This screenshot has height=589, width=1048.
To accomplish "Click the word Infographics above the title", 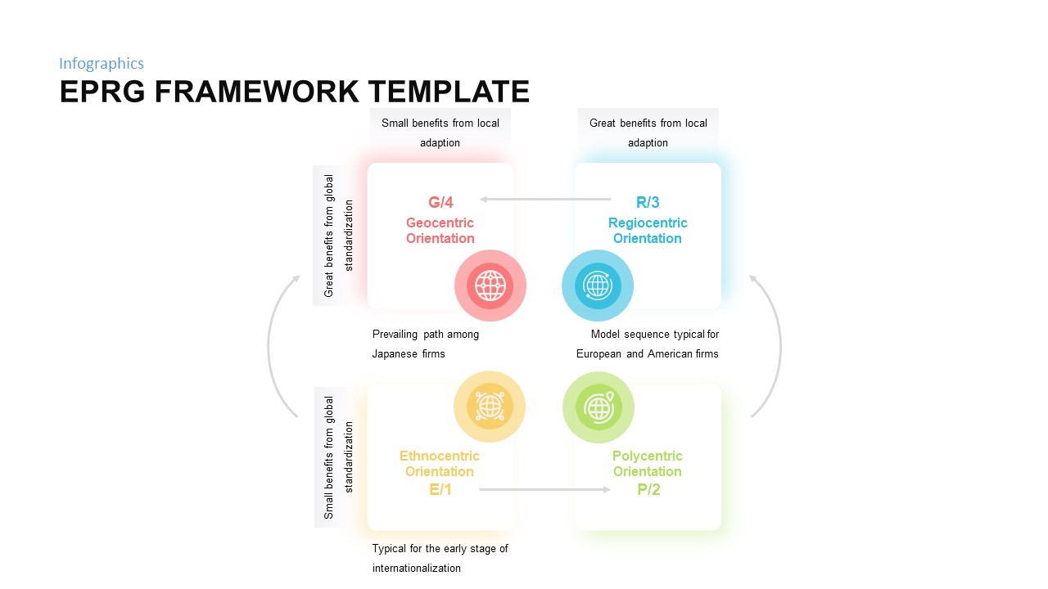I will point(102,64).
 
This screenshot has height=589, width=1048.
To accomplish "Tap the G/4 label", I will point(440,202).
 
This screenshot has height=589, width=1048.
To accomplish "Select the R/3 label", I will point(648,202).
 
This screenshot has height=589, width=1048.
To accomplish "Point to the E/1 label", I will point(440,490).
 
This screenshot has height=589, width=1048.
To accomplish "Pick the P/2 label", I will point(648,490).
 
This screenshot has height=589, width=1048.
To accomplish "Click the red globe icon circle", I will point(490,286).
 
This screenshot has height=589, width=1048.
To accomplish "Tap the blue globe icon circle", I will point(598,286).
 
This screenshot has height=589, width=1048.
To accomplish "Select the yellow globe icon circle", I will point(490,407).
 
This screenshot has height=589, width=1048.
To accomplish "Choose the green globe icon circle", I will point(599,407).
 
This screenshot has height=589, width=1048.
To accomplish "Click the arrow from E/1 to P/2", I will point(544,489).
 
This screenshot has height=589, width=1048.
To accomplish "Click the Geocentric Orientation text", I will point(440,231).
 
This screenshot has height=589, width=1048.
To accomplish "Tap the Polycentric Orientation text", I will point(648,464).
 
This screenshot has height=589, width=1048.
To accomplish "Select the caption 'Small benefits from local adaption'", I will point(440,133).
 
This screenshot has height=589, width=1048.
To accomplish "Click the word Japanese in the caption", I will point(395,354).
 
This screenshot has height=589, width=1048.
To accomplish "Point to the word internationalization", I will point(417,569).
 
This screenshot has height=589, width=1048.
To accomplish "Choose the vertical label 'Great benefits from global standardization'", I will point(339,236).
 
